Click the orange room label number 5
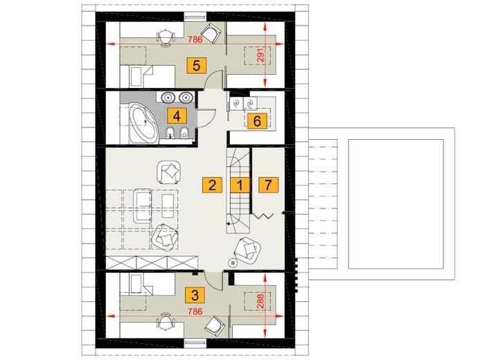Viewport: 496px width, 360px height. pyautogui.click(x=197, y=66)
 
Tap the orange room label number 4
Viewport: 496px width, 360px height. pyautogui.click(x=177, y=116)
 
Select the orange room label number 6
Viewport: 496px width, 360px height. pyautogui.click(x=257, y=120)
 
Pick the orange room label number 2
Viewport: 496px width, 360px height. pyautogui.click(x=212, y=185)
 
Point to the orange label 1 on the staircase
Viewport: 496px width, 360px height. pyautogui.click(x=240, y=185)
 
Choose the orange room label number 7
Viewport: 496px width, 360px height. pyautogui.click(x=268, y=185)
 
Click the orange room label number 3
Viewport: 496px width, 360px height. pyautogui.click(x=195, y=295)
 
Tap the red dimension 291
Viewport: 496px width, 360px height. pyautogui.click(x=260, y=55)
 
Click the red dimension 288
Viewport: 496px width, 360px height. pyautogui.click(x=260, y=302)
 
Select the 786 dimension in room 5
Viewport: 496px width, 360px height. pyautogui.click(x=195, y=40)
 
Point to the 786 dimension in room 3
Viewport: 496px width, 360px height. pyautogui.click(x=195, y=312)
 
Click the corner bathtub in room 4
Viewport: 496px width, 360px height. pyautogui.click(x=143, y=123)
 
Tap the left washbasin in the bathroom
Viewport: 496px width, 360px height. pyautogui.click(x=168, y=98)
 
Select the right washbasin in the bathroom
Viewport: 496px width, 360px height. pyautogui.click(x=186, y=98)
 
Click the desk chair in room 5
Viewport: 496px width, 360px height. pyautogui.click(x=166, y=38)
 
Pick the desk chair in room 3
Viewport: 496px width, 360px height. pyautogui.click(x=166, y=321)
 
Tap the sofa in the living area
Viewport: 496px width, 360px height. pyautogui.click(x=143, y=206)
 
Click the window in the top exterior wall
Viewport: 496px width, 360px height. pyautogui.click(x=195, y=17)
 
